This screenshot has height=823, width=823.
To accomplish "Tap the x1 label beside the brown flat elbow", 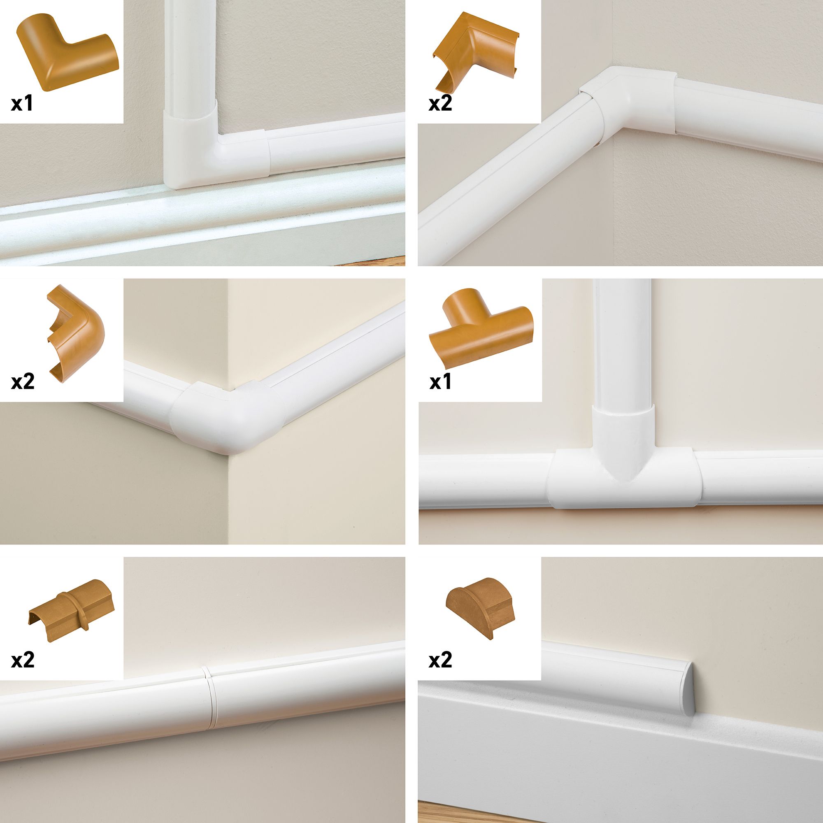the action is click(22, 104).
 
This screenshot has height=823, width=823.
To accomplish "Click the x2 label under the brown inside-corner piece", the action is click(440, 104).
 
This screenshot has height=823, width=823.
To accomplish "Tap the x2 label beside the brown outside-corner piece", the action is click(23, 382).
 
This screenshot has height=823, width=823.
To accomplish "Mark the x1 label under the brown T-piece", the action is click(440, 382).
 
